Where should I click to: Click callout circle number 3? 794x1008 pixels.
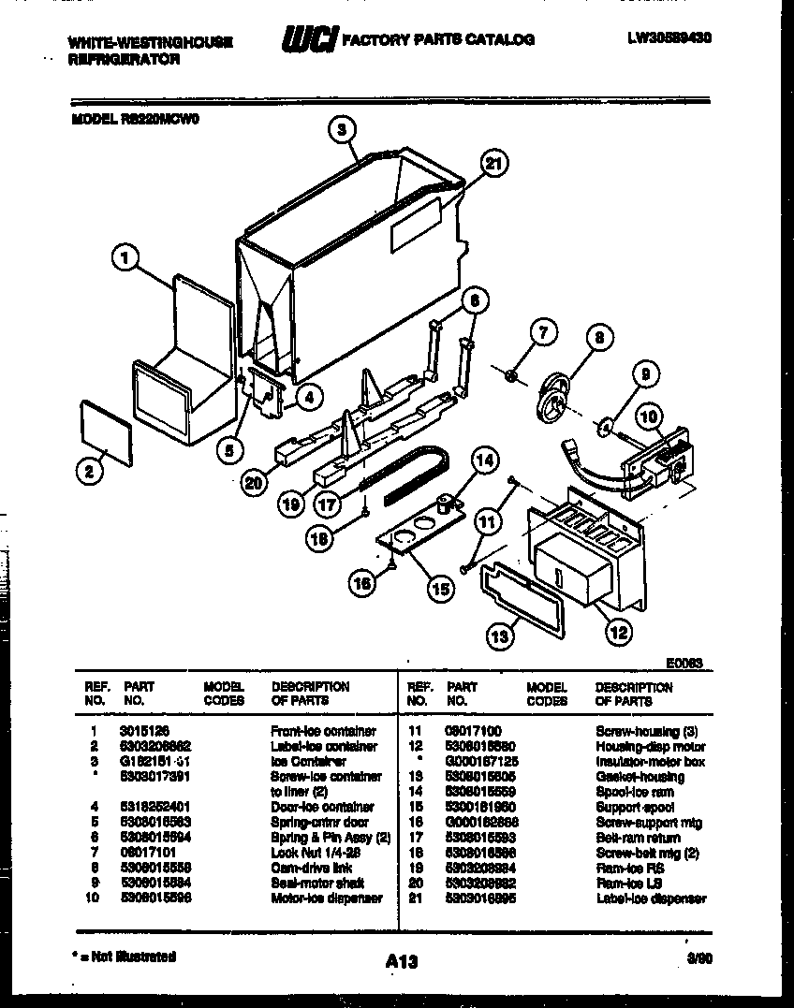(x=343, y=130)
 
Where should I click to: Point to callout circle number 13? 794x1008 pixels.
(x=501, y=636)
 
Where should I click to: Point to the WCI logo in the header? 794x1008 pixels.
(x=309, y=40)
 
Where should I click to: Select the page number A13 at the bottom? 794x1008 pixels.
(x=401, y=961)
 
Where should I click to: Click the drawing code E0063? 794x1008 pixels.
(x=685, y=663)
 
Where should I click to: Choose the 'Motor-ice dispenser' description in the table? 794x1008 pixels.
(x=327, y=898)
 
